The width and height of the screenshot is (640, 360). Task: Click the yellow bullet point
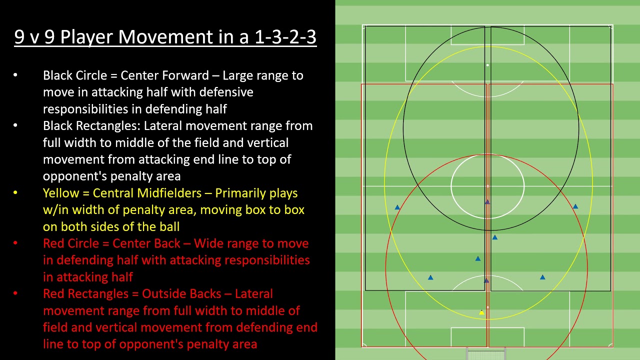(x=15, y=192)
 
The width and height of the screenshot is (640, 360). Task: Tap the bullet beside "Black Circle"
(x=15, y=75)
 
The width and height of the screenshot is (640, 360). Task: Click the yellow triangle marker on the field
(x=481, y=312)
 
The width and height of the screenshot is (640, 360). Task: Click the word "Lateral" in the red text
(x=253, y=293)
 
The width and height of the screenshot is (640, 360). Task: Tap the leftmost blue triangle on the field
(x=397, y=207)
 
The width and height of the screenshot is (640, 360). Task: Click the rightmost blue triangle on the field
(x=575, y=206)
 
